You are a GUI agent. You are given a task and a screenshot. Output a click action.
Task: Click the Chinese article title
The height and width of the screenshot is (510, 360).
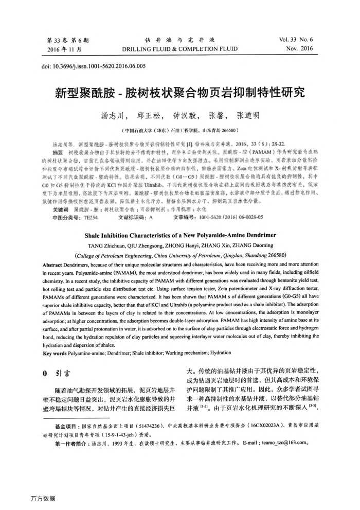179,93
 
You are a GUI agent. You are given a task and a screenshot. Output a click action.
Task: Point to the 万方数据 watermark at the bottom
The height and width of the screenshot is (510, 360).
42,498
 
